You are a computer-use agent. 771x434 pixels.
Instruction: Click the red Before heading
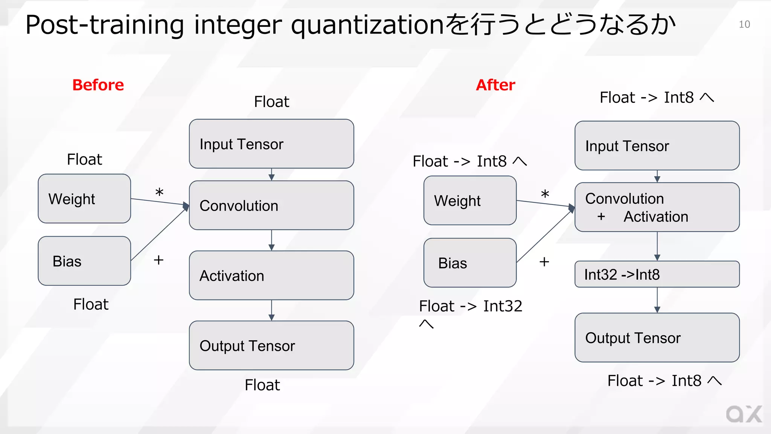(x=98, y=85)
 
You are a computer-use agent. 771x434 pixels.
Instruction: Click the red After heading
(x=495, y=85)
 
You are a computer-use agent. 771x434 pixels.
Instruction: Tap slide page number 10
(x=744, y=24)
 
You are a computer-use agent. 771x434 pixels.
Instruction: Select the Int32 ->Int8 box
(x=657, y=274)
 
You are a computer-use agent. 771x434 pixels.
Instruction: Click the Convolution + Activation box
(x=657, y=207)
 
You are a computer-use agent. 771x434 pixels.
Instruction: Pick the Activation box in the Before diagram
(x=271, y=275)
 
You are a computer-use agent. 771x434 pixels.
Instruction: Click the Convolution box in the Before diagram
(x=271, y=205)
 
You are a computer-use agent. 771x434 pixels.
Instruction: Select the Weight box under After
(x=469, y=200)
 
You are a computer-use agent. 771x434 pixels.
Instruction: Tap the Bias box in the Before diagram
(x=84, y=261)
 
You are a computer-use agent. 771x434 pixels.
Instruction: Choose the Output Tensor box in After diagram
(x=657, y=338)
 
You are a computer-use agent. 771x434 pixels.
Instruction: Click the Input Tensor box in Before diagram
(x=271, y=144)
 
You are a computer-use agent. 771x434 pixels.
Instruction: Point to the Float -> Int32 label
(x=470, y=306)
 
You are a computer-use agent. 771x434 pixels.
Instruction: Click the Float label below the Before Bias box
(x=91, y=304)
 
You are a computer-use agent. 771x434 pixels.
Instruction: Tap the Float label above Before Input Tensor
(x=271, y=102)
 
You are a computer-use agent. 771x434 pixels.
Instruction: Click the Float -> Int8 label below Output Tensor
(x=664, y=381)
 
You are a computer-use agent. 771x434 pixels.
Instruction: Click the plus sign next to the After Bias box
(x=544, y=262)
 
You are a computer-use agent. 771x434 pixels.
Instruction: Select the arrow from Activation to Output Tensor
(x=271, y=310)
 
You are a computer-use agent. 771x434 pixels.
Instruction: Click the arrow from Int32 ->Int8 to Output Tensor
(x=657, y=300)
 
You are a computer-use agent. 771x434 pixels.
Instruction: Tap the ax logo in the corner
(x=744, y=414)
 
